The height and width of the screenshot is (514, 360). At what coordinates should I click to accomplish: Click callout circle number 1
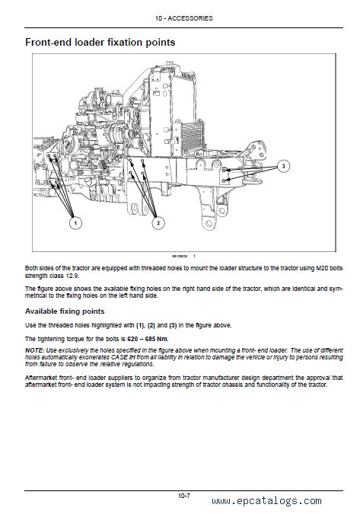[75, 223]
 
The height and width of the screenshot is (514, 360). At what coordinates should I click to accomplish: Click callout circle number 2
[158, 223]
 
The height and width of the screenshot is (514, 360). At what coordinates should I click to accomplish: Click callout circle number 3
[283, 166]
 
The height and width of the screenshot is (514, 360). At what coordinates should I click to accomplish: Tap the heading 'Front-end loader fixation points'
[100, 43]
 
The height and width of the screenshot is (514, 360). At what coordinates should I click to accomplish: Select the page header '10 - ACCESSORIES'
[183, 18]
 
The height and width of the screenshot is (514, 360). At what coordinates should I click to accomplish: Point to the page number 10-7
[183, 496]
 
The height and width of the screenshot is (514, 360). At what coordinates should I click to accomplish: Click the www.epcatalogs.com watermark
[266, 501]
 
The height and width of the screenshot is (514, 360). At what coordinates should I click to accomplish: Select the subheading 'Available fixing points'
[65, 311]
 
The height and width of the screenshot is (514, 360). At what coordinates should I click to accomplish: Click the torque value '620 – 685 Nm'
[148, 339]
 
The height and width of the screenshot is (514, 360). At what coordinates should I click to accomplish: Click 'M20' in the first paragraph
[322, 268]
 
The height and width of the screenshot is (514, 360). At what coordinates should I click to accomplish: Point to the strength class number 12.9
[72, 276]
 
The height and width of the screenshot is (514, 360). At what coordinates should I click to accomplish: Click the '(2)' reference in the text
[151, 325]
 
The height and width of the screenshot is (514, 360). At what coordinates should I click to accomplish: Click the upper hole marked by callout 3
[224, 171]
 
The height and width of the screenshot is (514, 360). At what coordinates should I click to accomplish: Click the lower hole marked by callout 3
[224, 181]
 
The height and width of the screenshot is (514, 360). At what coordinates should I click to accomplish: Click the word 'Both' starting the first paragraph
[30, 268]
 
